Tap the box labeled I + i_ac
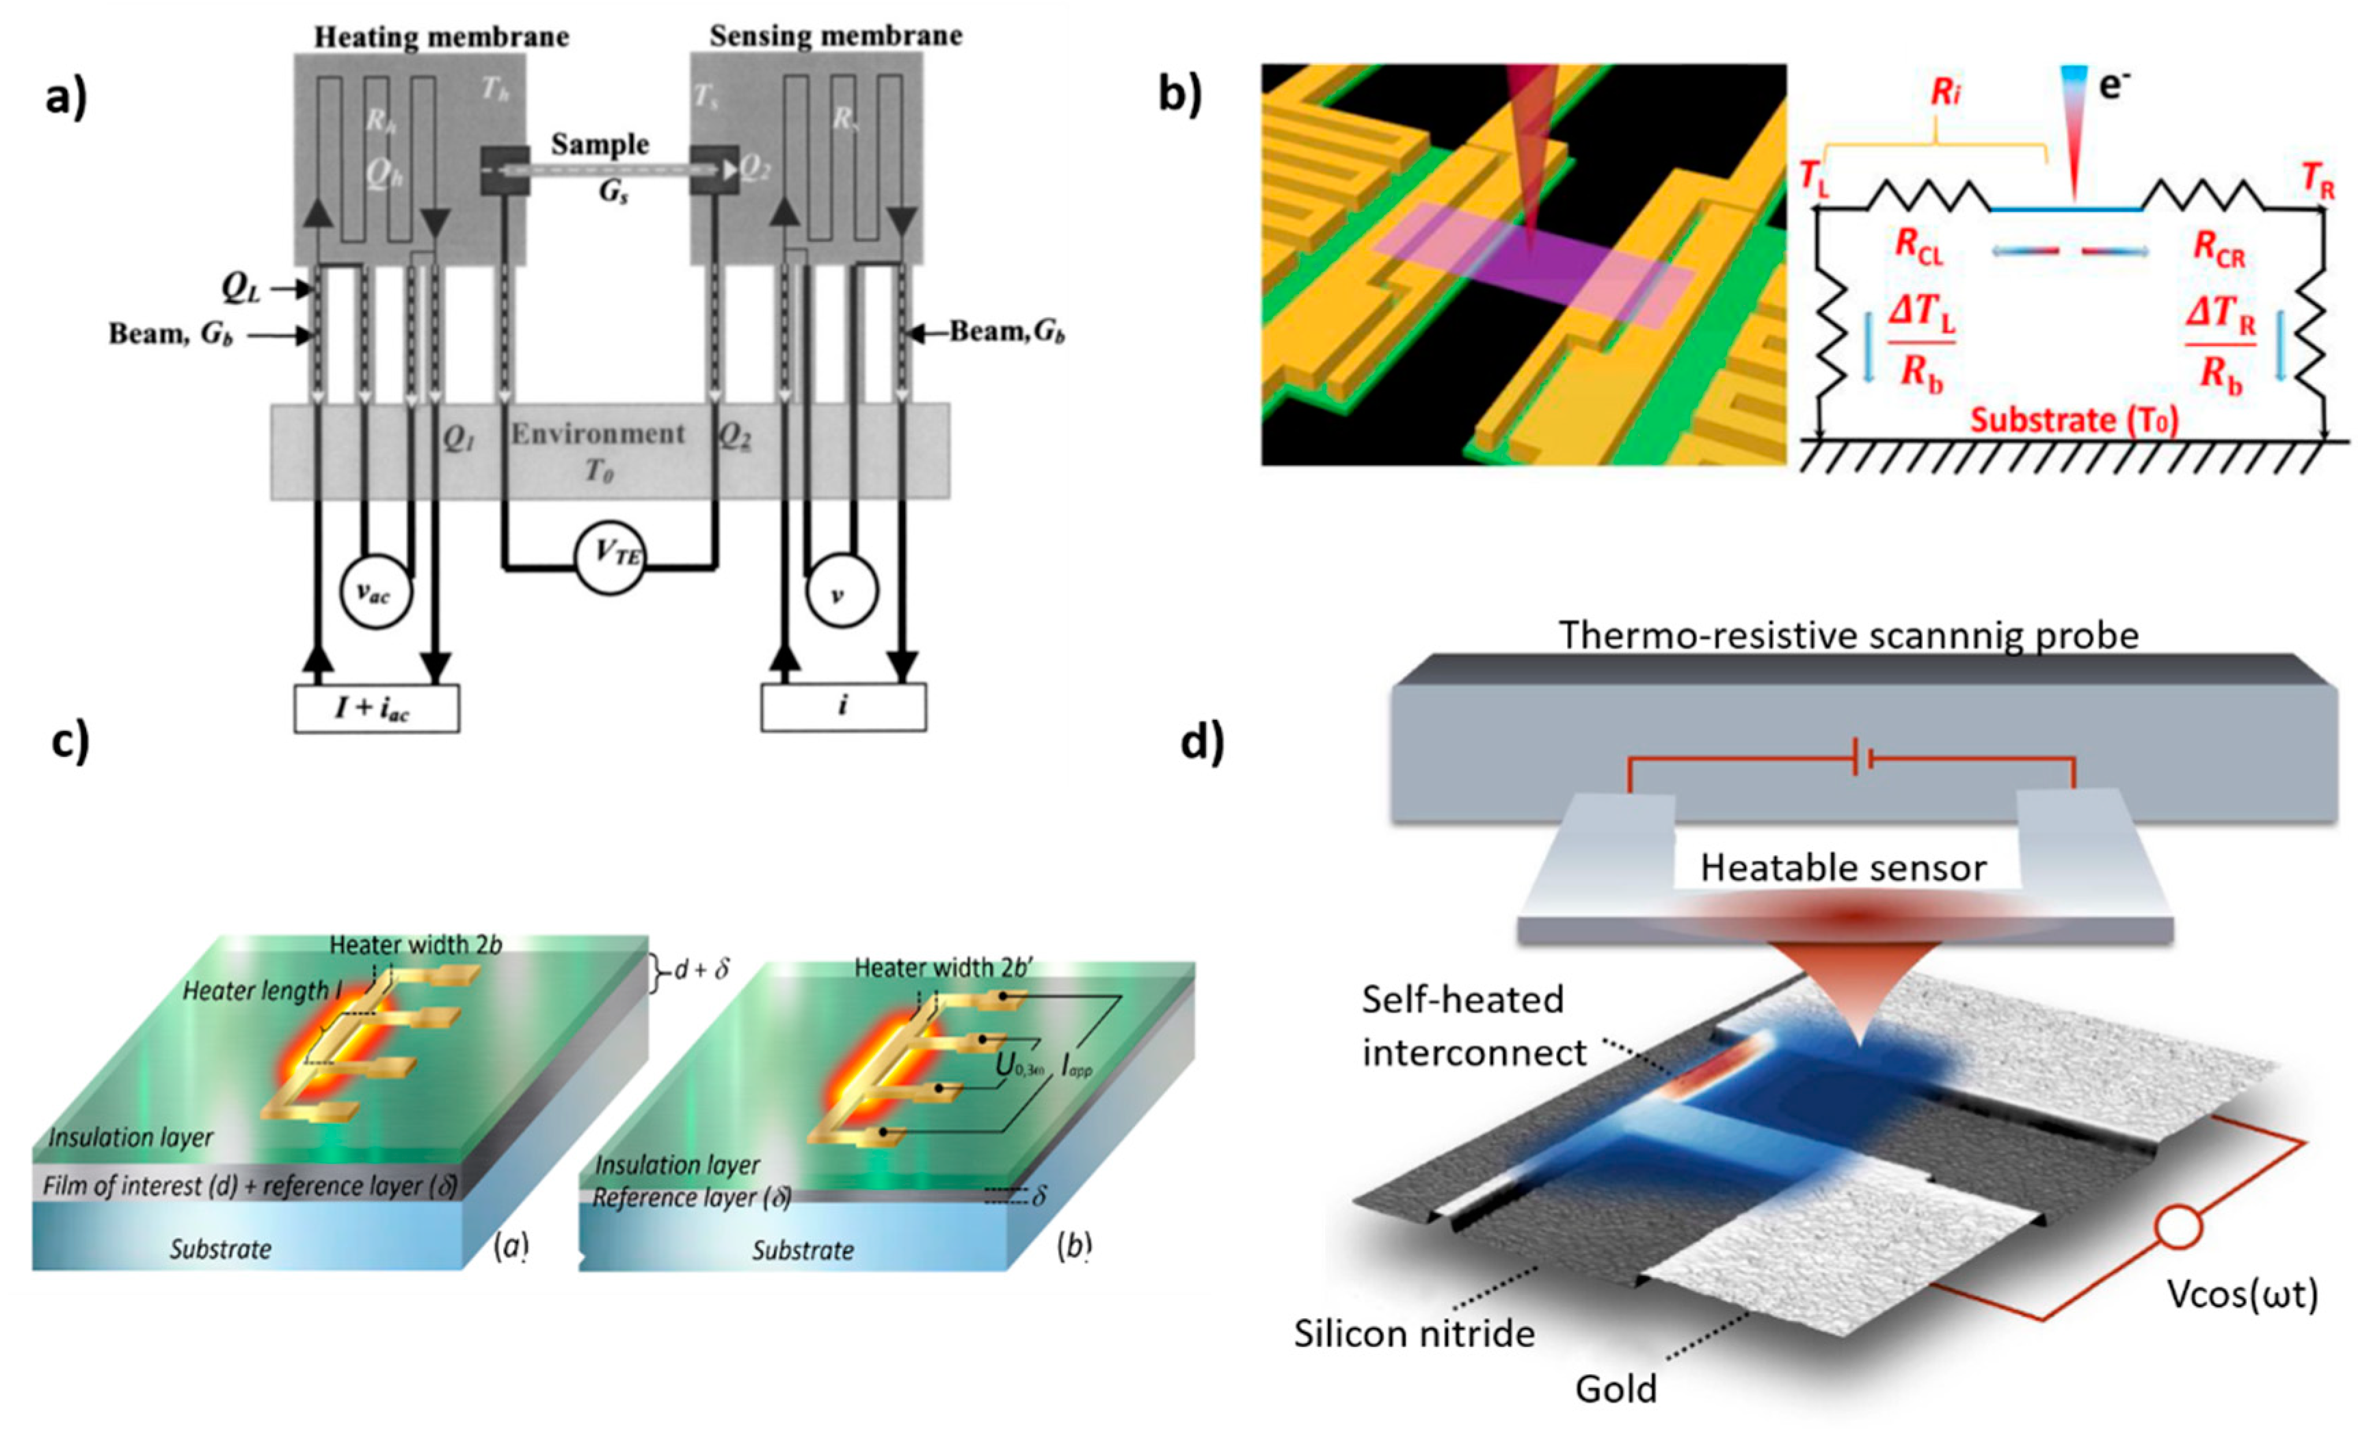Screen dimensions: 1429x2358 (376, 708)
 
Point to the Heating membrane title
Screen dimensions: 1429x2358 (441, 38)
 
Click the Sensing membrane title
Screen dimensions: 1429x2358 (835, 36)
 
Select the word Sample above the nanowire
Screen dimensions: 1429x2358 (600, 144)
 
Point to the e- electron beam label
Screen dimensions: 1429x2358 (2114, 87)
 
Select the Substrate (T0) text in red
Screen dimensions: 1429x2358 (2074, 420)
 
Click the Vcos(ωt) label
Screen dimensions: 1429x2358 (2242, 1294)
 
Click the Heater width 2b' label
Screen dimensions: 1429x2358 (943, 967)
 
